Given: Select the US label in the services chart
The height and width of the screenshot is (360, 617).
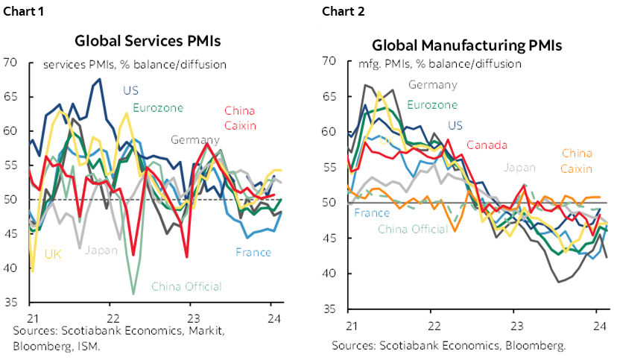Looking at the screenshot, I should (x=130, y=91).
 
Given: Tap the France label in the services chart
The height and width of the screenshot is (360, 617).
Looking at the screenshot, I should (x=253, y=252).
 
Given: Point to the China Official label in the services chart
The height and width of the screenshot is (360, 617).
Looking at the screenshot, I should (x=186, y=286).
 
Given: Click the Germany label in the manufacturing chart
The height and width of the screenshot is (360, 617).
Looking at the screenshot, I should (x=432, y=84).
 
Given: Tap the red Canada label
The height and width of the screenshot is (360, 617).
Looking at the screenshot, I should (x=487, y=145).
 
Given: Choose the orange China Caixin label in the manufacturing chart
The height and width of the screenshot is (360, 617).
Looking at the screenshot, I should (x=577, y=160).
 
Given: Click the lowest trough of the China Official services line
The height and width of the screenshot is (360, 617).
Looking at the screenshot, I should (x=133, y=293).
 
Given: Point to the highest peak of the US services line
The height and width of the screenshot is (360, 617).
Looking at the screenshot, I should (x=100, y=79).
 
